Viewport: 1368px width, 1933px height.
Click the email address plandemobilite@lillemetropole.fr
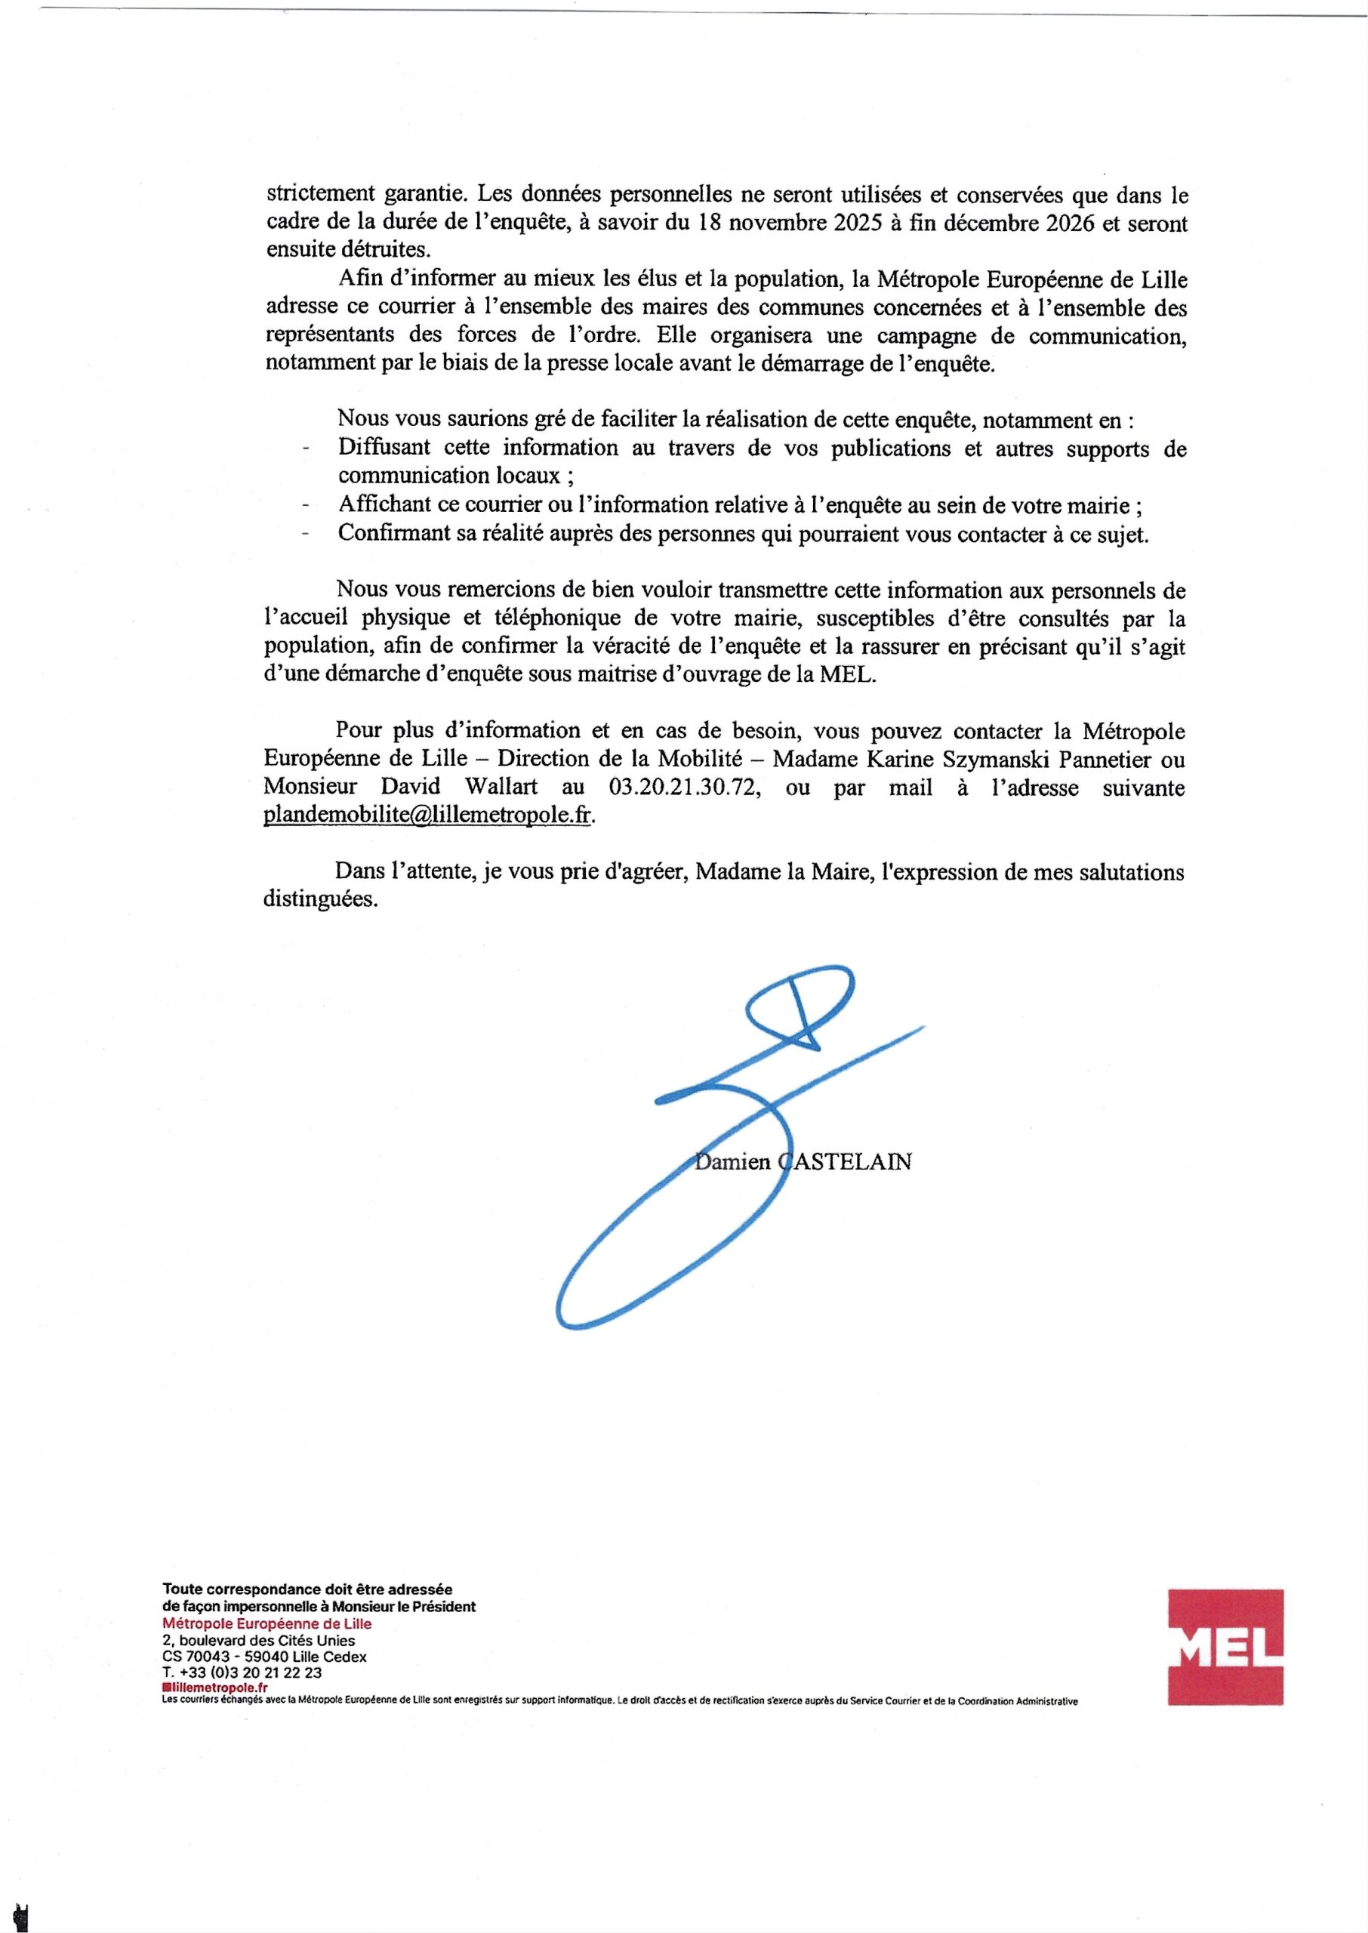pos(428,816)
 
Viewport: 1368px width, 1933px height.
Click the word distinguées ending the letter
pos(321,899)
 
